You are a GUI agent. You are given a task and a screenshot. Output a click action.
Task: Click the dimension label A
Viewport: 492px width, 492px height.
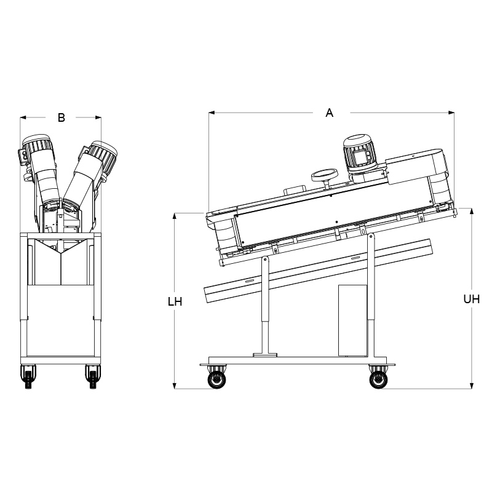click(329, 113)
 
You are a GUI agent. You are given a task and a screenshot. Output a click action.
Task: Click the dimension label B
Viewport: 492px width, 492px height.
click(61, 117)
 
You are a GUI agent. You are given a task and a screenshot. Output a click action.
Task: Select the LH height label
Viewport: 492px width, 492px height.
click(175, 302)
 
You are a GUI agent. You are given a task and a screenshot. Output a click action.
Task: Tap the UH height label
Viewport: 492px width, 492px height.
click(471, 300)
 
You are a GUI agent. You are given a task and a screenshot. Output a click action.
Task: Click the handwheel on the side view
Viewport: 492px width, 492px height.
click(325, 176)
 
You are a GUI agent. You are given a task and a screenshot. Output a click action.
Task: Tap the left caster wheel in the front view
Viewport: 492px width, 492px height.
click(28, 376)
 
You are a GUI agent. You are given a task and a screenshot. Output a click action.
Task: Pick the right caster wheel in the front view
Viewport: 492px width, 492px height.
click(93, 376)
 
